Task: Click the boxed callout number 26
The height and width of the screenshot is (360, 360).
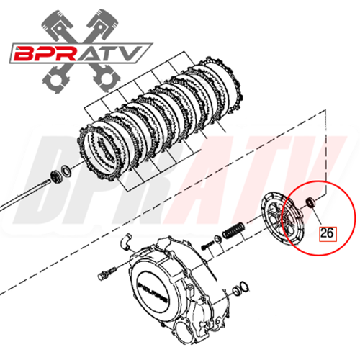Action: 327,233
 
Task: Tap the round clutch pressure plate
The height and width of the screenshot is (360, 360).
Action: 283,219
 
